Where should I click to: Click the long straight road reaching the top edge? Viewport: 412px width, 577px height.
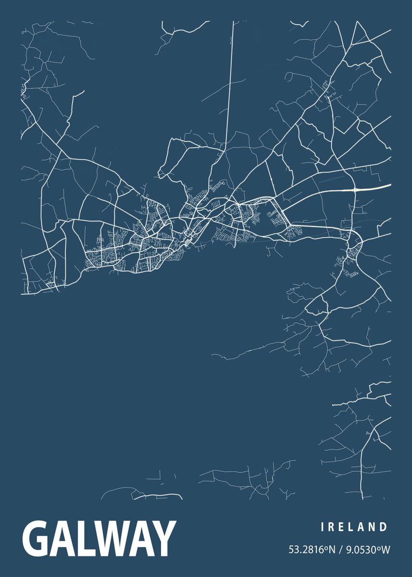229,82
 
